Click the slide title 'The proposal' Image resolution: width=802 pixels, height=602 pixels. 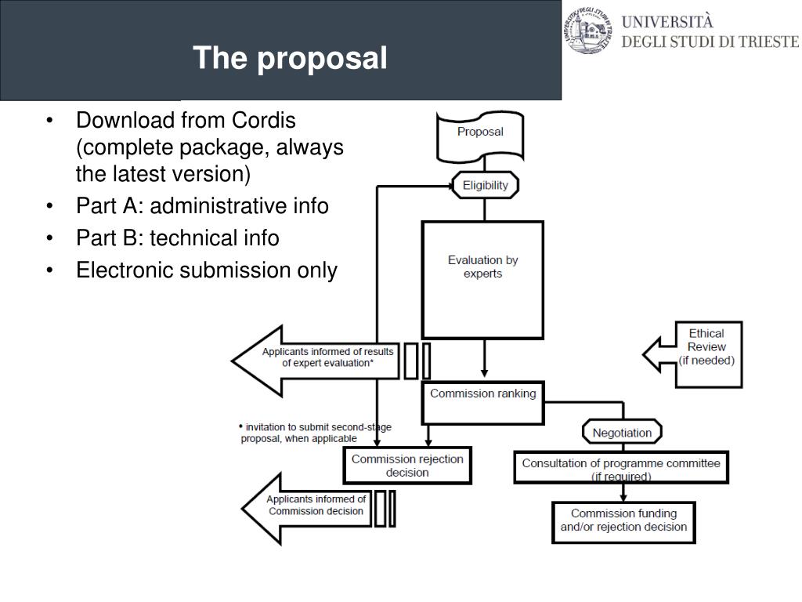pos(291,58)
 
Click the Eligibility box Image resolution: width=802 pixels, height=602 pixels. pos(485,186)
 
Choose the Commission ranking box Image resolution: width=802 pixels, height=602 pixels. pos(482,394)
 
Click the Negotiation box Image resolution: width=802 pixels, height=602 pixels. pos(622,432)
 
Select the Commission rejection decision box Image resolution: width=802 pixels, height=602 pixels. pos(407,466)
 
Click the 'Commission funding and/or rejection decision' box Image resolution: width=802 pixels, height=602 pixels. pos(623,520)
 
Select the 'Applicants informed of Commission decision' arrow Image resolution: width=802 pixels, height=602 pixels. pos(309,507)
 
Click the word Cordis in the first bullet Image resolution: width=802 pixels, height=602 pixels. pos(264,121)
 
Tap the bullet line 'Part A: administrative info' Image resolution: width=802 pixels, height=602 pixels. pos(202,206)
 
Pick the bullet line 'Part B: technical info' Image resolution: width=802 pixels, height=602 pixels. pos(177,238)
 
